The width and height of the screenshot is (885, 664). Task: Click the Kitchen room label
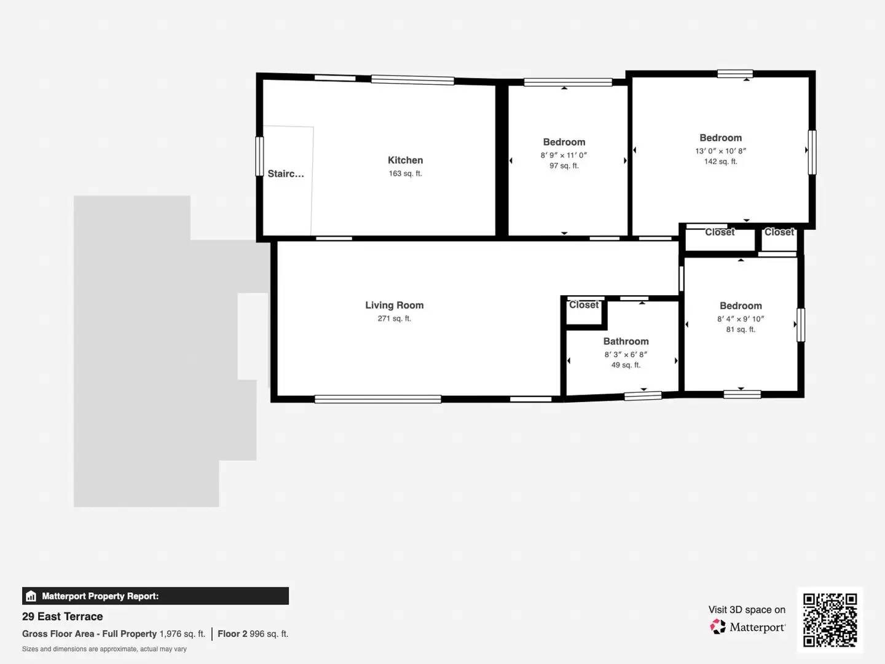tap(405, 160)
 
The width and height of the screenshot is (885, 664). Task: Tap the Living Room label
tap(394, 306)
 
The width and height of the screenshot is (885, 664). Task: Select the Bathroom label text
tap(626, 342)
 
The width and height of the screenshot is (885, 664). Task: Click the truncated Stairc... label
tap(286, 174)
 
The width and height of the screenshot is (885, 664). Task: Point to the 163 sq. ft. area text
tap(405, 174)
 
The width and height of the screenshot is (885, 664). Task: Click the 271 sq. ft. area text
tap(394, 319)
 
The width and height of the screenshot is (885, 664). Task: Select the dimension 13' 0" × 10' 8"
tap(720, 151)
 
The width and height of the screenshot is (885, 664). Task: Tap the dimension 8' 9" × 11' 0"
tap(564, 156)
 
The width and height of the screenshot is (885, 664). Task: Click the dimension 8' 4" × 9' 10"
tap(741, 319)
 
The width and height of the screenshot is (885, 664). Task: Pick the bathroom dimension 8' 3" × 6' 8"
tap(626, 355)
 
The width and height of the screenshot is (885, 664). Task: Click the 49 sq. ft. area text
tap(626, 365)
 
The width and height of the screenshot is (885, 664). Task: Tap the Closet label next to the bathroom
tap(583, 305)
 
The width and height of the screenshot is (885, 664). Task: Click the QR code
tap(830, 620)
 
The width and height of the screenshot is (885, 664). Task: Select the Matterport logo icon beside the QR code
tap(718, 627)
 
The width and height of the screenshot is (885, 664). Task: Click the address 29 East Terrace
tap(63, 617)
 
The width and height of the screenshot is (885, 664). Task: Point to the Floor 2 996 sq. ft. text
tap(253, 634)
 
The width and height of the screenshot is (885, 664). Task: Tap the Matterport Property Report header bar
tap(155, 596)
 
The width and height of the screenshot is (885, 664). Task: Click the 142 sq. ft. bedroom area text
tap(720, 162)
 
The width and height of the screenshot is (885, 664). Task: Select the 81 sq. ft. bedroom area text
tap(741, 330)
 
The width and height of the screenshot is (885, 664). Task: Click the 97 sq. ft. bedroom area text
tap(564, 166)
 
